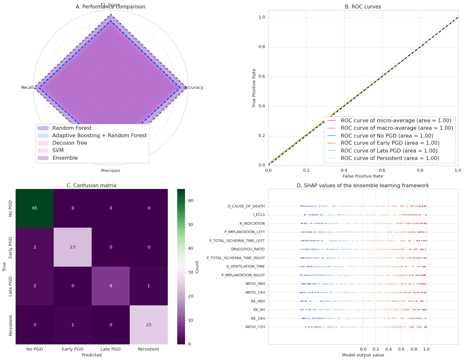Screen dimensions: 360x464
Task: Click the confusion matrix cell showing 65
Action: tap(35, 208)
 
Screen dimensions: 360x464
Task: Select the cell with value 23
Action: tap(73, 247)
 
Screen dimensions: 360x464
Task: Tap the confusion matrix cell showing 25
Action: tap(149, 325)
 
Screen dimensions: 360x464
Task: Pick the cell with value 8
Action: tap(111, 286)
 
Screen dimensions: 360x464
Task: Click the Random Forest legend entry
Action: tap(72, 128)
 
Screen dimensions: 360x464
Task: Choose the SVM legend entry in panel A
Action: tap(58, 151)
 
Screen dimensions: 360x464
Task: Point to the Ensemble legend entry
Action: tap(65, 158)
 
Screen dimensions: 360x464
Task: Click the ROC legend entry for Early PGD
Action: tap(390, 143)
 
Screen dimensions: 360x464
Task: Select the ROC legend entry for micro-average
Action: tap(396, 121)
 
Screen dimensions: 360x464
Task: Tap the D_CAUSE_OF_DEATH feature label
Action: tap(246, 206)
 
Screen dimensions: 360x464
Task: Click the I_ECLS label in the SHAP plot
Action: tap(259, 215)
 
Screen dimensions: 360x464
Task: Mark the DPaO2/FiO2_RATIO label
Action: tap(248, 249)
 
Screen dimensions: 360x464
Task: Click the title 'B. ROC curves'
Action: tap(363, 7)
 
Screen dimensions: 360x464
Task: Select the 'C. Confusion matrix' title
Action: tap(91, 186)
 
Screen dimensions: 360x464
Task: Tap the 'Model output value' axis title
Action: tap(363, 355)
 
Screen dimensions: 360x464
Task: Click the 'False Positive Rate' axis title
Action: tap(363, 176)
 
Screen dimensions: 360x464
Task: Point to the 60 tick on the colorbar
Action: tap(191, 201)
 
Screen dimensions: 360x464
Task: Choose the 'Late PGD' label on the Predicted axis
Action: tap(111, 349)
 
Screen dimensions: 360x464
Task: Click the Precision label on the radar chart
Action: tap(111, 171)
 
